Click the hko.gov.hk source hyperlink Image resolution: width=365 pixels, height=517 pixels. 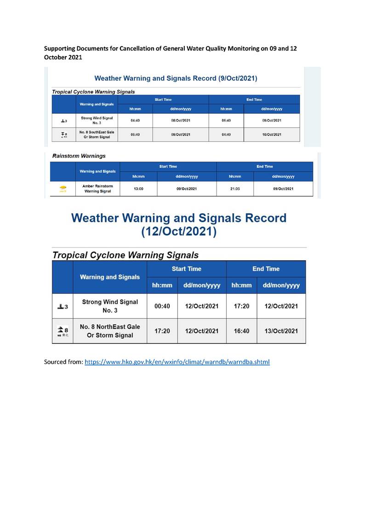point(177,362)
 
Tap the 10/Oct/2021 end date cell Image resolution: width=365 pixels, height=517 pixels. point(271,134)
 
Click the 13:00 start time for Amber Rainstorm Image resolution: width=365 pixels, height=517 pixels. point(138,189)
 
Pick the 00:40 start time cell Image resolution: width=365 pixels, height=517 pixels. point(162,306)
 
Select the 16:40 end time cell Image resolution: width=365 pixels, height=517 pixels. point(241,331)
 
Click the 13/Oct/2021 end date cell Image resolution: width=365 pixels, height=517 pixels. point(280,331)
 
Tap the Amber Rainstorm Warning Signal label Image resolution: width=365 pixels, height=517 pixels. point(97,189)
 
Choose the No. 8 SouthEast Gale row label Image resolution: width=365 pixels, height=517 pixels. point(97,134)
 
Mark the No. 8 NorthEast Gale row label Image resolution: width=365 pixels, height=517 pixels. point(110,331)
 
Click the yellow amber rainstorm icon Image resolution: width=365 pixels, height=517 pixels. point(63,189)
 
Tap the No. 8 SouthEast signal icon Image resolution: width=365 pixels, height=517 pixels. point(64,134)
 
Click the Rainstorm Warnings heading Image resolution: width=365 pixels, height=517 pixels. point(79,156)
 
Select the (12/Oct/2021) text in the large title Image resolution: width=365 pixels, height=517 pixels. point(179,232)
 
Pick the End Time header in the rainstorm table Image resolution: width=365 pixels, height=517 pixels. point(264,167)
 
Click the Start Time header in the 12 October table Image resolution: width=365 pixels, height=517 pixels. point(186,269)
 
